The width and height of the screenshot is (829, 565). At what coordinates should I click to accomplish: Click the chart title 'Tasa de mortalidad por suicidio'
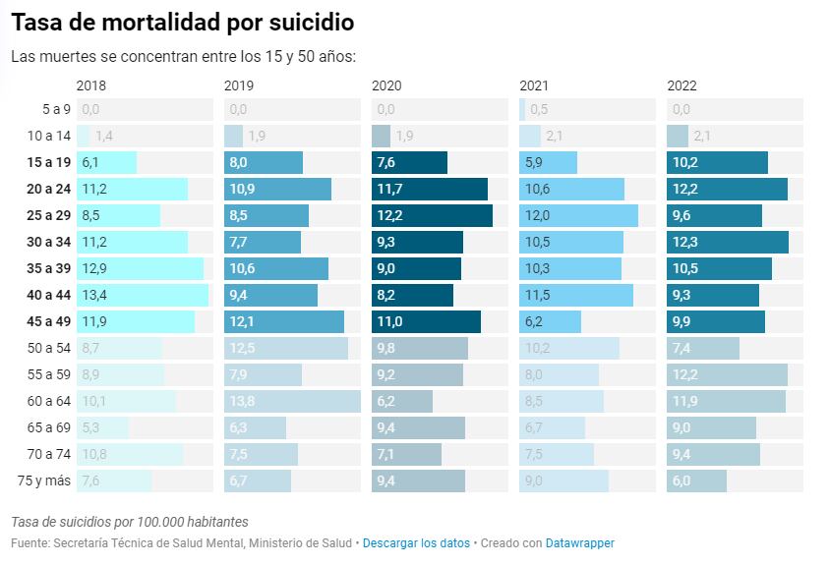(183, 22)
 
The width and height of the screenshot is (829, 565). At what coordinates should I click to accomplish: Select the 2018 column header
(91, 85)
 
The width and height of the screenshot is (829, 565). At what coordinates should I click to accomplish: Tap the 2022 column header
(681, 85)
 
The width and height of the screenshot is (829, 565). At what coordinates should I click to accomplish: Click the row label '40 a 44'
(49, 295)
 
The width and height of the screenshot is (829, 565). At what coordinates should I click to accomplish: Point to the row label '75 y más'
(46, 480)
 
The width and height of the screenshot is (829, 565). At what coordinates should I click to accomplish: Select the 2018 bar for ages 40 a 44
(143, 295)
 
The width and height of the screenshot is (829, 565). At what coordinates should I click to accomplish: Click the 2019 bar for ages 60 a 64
(292, 401)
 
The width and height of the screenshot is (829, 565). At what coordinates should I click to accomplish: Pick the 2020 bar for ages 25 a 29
(432, 215)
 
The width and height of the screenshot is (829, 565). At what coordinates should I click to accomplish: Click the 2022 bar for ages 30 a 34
(727, 242)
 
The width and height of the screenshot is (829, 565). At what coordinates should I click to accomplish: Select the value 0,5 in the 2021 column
(539, 109)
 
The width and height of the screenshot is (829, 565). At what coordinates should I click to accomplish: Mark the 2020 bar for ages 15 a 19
(409, 162)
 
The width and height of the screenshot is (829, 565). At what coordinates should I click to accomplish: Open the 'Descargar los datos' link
(416, 542)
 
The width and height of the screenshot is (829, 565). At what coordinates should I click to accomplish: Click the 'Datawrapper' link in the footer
(580, 542)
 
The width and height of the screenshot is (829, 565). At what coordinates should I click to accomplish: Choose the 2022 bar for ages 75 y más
(696, 480)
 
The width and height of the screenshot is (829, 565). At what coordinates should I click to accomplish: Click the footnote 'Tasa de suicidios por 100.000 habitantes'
(130, 522)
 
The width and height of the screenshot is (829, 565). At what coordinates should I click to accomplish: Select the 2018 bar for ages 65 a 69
(102, 427)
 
